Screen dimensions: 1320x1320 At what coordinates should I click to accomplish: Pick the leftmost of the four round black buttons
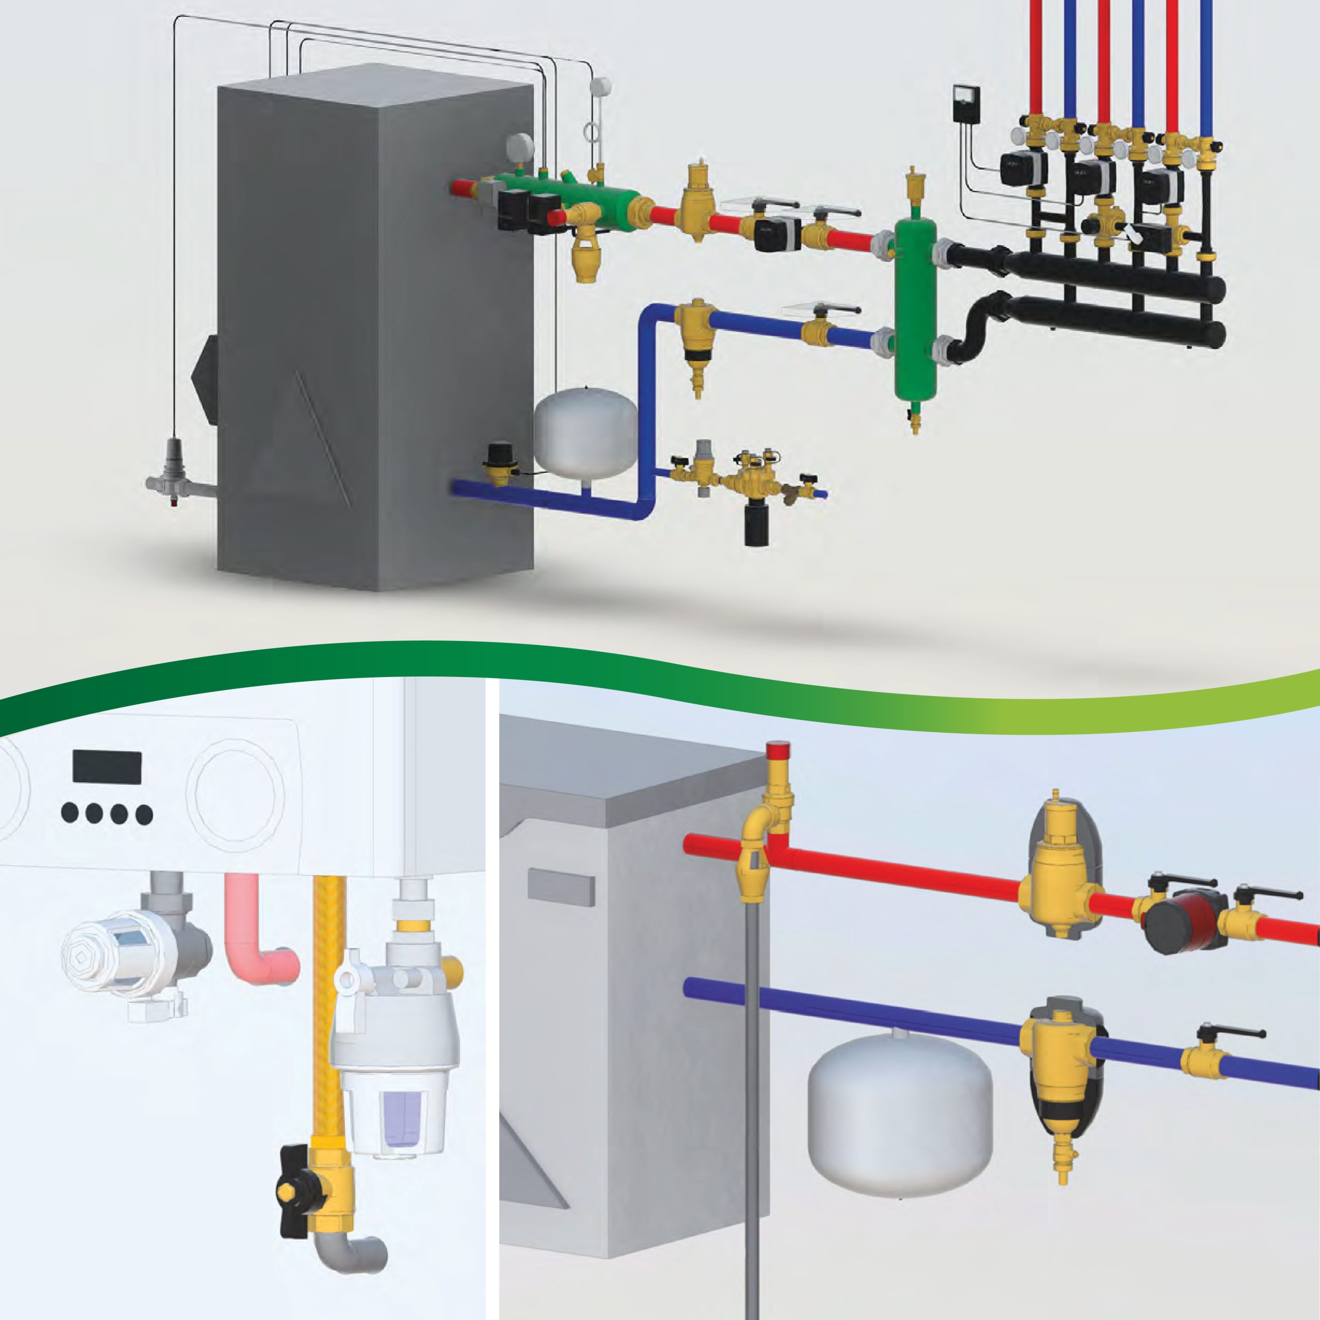click(70, 814)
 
